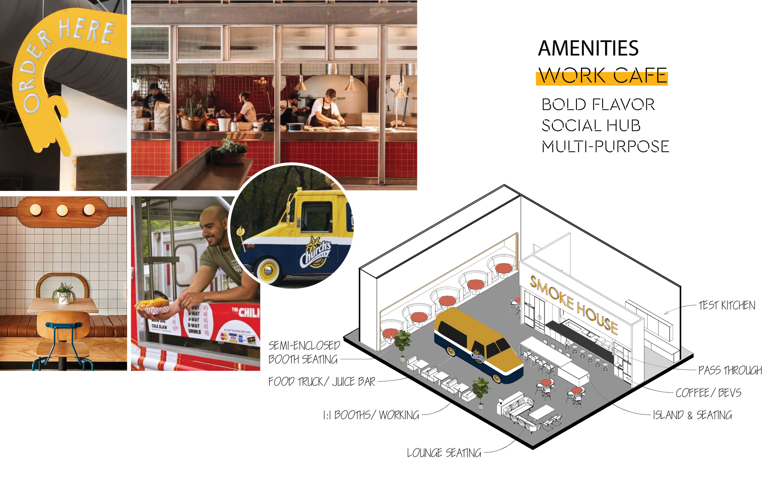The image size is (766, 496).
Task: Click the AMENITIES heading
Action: [x=588, y=48]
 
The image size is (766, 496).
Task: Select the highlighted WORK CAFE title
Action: [x=602, y=76]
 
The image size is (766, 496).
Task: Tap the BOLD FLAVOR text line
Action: [x=598, y=105]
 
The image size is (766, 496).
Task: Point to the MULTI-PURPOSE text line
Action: [x=605, y=147]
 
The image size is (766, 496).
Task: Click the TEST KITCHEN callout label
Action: [x=727, y=305]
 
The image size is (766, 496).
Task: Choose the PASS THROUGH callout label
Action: [x=730, y=370]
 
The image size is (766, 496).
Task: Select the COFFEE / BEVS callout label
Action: [x=708, y=393]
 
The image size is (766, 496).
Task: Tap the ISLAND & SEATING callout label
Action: [x=692, y=415]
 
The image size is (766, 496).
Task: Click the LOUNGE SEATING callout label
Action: [x=444, y=453]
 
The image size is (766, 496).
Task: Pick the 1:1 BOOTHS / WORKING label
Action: [x=371, y=415]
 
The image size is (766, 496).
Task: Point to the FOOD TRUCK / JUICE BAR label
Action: [x=322, y=382]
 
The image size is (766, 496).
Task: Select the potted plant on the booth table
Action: [x=64, y=293]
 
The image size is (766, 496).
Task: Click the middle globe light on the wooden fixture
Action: [x=62, y=211]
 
